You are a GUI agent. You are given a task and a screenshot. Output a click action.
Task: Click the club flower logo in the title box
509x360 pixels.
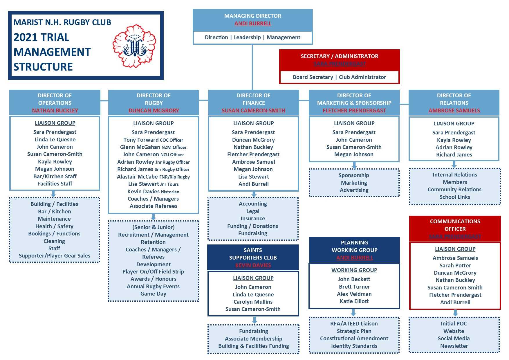pyautogui.click(x=134, y=46)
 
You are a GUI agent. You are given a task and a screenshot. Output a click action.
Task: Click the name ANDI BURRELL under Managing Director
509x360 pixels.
pyautogui.click(x=253, y=24)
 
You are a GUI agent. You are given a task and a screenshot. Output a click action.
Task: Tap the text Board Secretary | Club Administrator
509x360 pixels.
pyautogui.click(x=339, y=77)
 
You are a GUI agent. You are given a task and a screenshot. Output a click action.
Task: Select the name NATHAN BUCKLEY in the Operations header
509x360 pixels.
pyautogui.click(x=55, y=111)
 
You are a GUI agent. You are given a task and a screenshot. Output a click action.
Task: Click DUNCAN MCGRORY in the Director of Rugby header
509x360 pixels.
pyautogui.click(x=154, y=111)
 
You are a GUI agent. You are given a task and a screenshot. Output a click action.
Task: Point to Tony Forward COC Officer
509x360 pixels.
pyautogui.click(x=153, y=140)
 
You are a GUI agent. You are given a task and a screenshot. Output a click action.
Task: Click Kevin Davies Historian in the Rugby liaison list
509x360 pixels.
pyautogui.click(x=153, y=192)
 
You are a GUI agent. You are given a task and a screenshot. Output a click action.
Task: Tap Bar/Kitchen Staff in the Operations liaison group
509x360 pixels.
pyautogui.click(x=55, y=177)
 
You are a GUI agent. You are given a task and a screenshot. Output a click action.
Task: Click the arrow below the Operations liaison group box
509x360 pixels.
pyautogui.click(x=53, y=194)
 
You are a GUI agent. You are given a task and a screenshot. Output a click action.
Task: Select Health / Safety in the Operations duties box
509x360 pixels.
pyautogui.click(x=54, y=226)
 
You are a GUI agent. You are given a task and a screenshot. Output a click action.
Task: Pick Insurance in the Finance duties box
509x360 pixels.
pyautogui.click(x=253, y=219)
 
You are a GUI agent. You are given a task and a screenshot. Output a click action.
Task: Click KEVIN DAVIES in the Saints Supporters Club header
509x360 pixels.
pyautogui.click(x=253, y=265)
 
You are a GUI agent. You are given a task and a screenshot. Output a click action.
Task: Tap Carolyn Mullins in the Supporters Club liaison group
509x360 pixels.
pyautogui.click(x=253, y=302)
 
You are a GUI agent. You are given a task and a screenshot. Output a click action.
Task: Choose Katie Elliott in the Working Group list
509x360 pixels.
pyautogui.click(x=354, y=301)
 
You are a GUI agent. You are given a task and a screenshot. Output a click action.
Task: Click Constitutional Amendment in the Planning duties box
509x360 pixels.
pyautogui.click(x=354, y=339)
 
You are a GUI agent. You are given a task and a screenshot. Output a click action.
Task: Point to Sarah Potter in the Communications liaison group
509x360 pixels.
pyautogui.click(x=455, y=266)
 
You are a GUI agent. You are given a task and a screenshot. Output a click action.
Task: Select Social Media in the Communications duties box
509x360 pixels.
pyautogui.click(x=454, y=339)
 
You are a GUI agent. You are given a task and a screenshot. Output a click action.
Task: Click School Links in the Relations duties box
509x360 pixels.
pyautogui.click(x=455, y=197)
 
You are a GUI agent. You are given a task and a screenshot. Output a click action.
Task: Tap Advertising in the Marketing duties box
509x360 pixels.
pyautogui.click(x=354, y=190)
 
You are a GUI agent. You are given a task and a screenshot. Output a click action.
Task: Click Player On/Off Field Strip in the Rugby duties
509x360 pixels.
pyautogui.click(x=153, y=272)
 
